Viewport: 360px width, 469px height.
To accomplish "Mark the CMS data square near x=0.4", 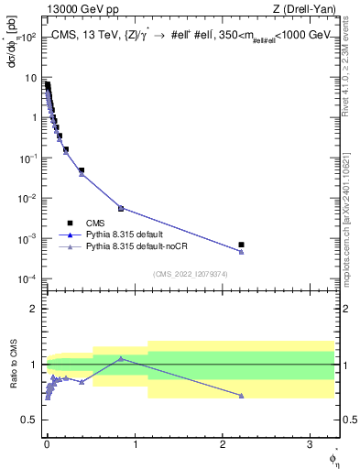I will [82, 170].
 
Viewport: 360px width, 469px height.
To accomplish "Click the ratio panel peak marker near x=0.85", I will [121, 358].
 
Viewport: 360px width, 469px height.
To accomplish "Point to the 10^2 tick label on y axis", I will [28, 38].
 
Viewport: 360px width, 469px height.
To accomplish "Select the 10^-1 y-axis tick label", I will [27, 158].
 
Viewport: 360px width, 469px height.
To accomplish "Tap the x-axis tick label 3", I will [310, 443].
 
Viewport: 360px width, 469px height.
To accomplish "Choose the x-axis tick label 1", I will [134, 443].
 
